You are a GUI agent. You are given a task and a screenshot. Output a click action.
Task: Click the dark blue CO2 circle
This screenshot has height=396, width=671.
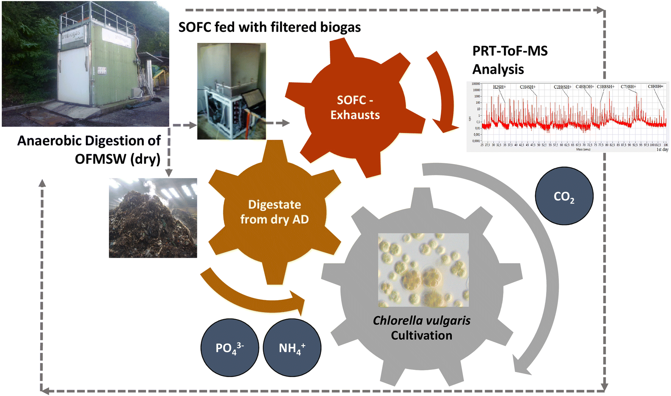coord(564,196)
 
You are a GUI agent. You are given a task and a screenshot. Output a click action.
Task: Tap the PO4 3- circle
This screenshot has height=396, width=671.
coord(229,347)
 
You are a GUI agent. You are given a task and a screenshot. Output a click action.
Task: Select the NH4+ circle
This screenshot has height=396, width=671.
coord(292,347)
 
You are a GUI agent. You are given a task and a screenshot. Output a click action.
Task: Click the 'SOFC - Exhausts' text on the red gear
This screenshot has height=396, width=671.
coord(355,107)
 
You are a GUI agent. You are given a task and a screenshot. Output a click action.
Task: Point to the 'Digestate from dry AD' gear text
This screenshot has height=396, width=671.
coord(275,212)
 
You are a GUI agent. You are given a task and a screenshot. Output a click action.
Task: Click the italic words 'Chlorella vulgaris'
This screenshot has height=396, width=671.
coord(421,321)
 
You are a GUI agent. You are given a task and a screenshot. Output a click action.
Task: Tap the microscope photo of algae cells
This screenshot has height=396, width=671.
coord(423,270)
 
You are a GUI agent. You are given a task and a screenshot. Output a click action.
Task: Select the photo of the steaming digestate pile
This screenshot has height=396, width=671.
coord(153,218)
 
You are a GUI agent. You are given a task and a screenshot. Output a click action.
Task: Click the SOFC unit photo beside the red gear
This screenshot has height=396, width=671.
coord(231,91)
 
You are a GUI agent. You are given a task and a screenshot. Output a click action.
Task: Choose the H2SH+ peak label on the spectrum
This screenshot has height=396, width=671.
coord(499,87)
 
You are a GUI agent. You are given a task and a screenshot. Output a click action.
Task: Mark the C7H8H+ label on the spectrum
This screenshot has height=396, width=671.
coord(628,87)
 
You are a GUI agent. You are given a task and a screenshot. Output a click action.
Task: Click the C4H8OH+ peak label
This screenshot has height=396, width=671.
coord(584,87)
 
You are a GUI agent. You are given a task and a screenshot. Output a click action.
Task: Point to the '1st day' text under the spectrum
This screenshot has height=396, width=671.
coord(662,150)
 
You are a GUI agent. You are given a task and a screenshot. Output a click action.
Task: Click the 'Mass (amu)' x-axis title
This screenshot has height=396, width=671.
coord(583,150)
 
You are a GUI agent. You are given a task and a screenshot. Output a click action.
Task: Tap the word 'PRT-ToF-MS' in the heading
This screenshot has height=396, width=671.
coord(510,51)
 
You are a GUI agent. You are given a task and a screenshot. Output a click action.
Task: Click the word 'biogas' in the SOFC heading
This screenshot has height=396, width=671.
coord(340,27)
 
